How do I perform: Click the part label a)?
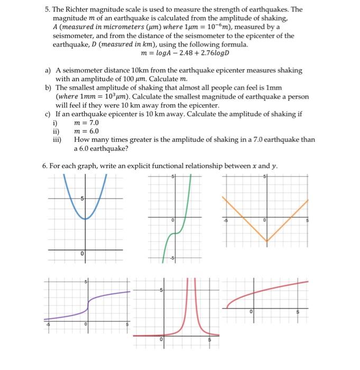(x=48, y=70)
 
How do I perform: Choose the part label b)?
(x=48, y=87)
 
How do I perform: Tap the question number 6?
(x=45, y=166)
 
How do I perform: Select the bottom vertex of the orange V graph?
(x=267, y=241)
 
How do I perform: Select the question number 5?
(x=45, y=10)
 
